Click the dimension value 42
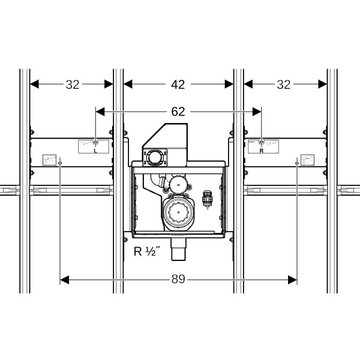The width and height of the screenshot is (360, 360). (x=178, y=85)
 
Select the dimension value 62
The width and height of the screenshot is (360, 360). (x=178, y=112)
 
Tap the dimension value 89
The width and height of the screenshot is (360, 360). (x=178, y=280)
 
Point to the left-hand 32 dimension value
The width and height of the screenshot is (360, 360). (x=73, y=85)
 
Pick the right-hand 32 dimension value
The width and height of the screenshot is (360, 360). (x=284, y=85)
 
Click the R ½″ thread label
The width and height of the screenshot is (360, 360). (x=147, y=251)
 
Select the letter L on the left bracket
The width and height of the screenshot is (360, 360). (x=95, y=151)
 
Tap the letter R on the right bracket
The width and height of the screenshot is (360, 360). (x=261, y=151)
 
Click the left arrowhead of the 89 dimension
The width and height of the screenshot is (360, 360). (x=64, y=280)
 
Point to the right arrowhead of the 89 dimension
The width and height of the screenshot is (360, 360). (x=293, y=280)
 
